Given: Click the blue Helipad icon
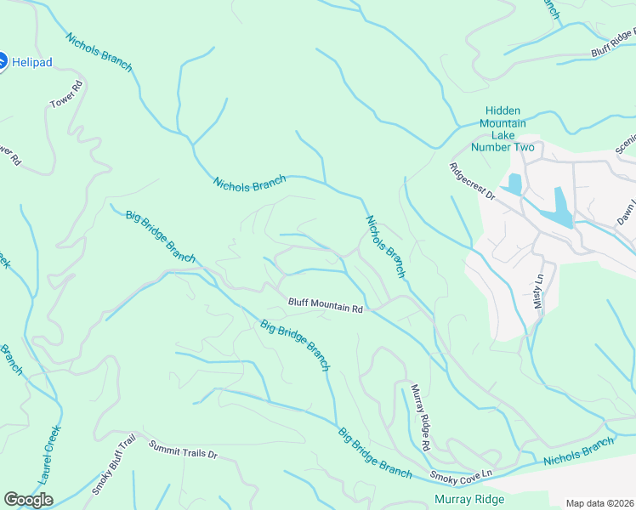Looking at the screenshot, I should [2, 61].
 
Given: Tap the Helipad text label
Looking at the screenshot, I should [33, 62].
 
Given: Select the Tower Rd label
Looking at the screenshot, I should [65, 94].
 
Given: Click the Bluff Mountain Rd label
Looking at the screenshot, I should [325, 305].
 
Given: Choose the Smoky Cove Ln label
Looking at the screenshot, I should [461, 474].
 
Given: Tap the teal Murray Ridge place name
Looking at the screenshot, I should [468, 499].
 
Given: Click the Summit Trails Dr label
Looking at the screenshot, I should [183, 450].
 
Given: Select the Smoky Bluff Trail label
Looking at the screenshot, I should [114, 463].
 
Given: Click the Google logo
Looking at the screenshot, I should [29, 499].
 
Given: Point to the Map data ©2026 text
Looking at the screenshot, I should [599, 503].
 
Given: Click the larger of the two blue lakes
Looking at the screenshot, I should [562, 207].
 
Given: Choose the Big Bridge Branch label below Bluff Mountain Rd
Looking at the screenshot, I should [294, 345].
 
